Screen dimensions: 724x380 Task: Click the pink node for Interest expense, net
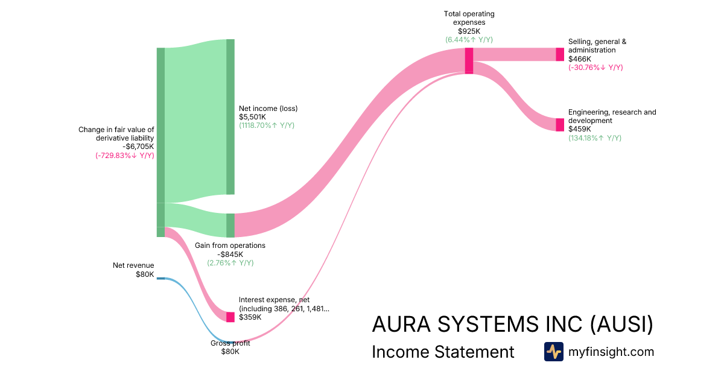click(x=230, y=317)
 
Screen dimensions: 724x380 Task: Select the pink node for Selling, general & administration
click(x=560, y=54)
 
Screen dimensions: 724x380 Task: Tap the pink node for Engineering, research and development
click(x=560, y=125)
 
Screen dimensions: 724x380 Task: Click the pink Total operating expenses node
click(x=469, y=60)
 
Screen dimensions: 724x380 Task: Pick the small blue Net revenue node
click(x=160, y=279)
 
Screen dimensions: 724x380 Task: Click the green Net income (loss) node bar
click(x=230, y=117)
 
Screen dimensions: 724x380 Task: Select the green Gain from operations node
click(x=230, y=225)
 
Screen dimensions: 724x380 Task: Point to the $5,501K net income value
click(x=254, y=117)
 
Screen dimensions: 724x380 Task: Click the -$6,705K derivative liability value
click(x=138, y=147)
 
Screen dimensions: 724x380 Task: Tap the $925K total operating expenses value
click(x=469, y=31)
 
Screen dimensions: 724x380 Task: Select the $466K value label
click(x=579, y=59)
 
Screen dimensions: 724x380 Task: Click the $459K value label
click(x=579, y=129)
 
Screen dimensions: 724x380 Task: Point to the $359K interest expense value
click(x=250, y=317)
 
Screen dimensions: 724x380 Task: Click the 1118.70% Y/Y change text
click(x=267, y=125)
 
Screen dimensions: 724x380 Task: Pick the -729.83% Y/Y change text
click(x=124, y=155)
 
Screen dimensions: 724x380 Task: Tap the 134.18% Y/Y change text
click(x=595, y=138)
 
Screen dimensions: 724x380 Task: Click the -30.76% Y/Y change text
click(x=595, y=68)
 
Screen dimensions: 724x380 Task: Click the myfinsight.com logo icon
click(x=553, y=352)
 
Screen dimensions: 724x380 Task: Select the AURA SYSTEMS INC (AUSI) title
click(x=512, y=325)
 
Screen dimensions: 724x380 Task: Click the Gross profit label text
click(x=230, y=343)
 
